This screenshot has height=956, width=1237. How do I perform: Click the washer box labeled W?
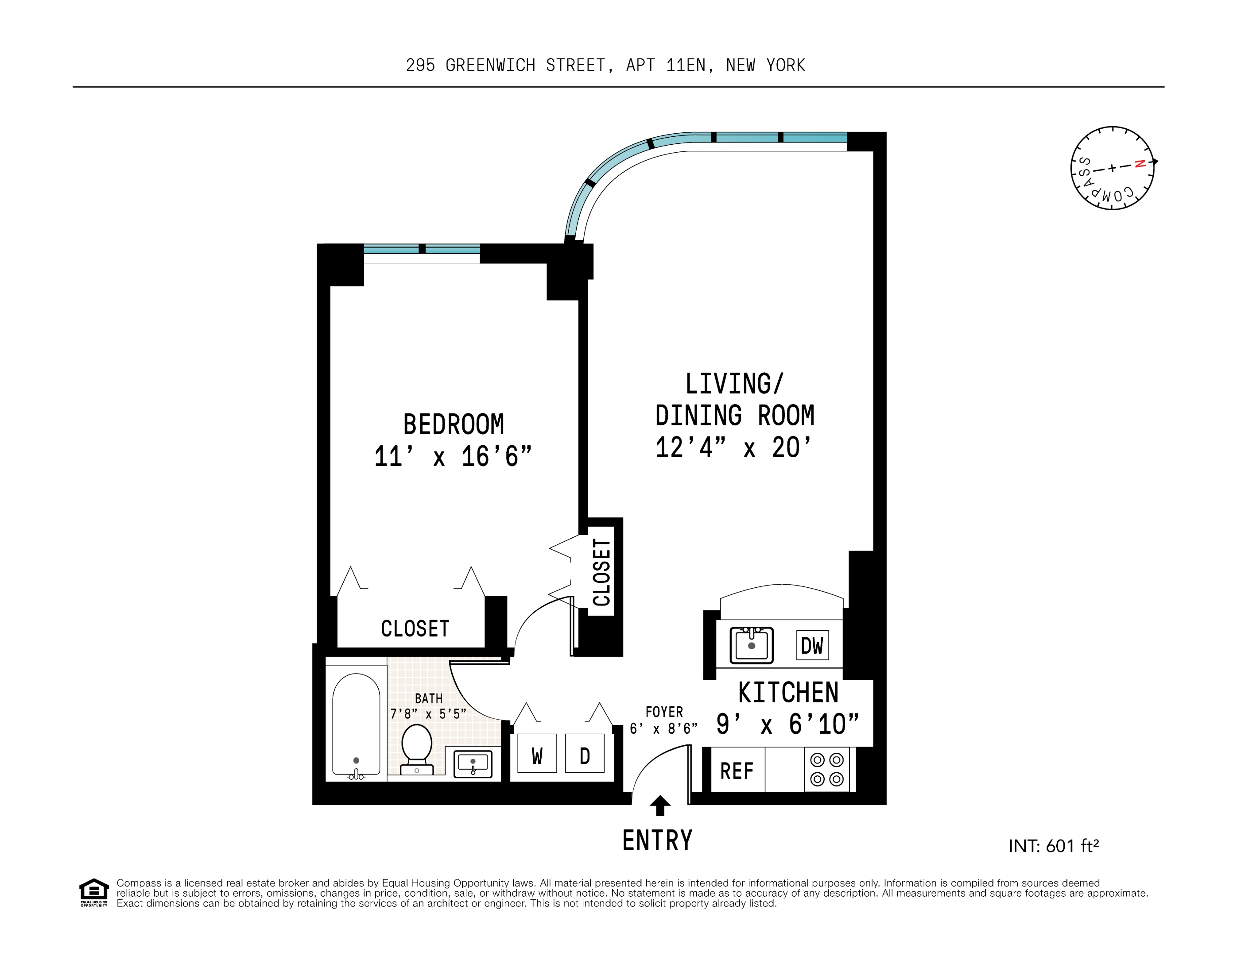[x=536, y=754]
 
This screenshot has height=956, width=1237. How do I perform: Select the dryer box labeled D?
[x=585, y=754]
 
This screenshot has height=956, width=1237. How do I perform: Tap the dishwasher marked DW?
[x=812, y=645]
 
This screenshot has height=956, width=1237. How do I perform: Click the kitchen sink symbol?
[x=751, y=645]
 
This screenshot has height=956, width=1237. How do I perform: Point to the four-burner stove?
[x=826, y=769]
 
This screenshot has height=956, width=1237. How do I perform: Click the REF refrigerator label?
[x=736, y=771]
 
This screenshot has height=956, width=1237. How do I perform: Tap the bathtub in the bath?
[x=356, y=725]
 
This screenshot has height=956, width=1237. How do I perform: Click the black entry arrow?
[x=660, y=805]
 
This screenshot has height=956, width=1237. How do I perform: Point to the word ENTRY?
[x=657, y=840]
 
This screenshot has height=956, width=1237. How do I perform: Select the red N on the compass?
[x=1140, y=164]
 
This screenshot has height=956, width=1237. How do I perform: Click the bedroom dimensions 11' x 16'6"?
[x=453, y=457]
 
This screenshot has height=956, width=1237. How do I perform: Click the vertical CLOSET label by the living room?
[x=601, y=572]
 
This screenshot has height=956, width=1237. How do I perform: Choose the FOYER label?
[x=664, y=712]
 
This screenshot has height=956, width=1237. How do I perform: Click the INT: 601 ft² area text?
[x=1054, y=846]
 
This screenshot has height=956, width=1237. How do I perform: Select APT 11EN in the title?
[x=666, y=66]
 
